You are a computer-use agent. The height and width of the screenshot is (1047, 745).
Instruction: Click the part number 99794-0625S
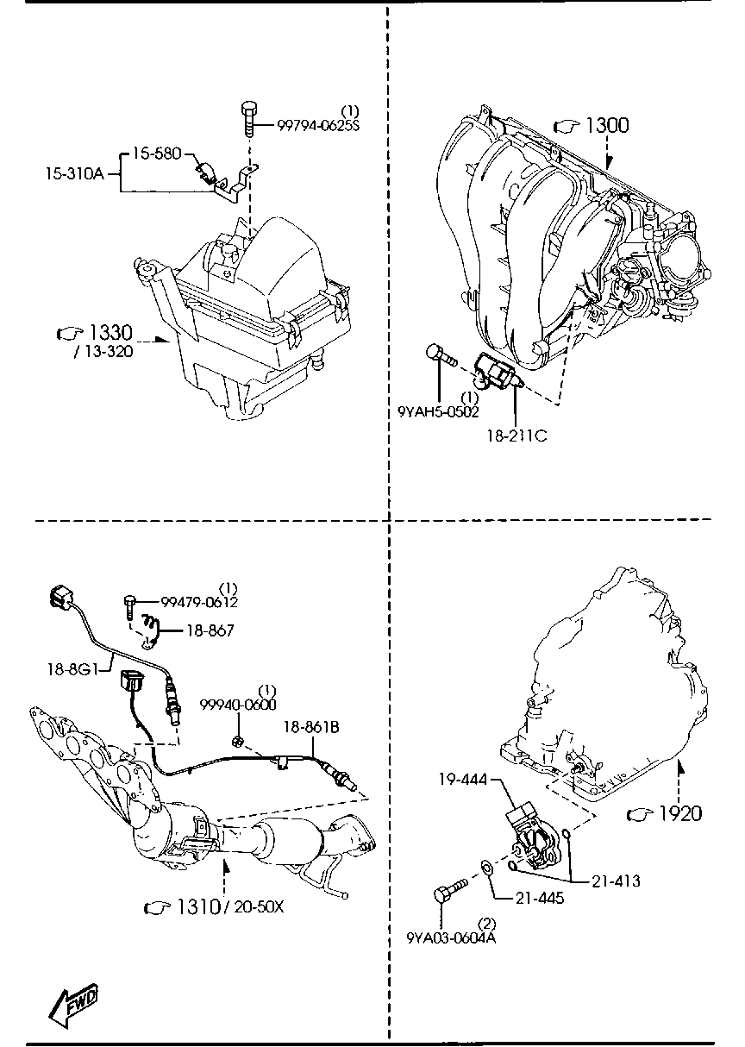point(317,126)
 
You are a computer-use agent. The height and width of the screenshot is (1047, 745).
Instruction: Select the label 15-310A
point(74,173)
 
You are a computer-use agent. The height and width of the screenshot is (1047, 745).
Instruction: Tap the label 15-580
point(156,154)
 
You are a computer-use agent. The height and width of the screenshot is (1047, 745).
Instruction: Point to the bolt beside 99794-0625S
point(247,118)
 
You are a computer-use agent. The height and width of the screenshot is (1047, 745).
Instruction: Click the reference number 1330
point(109,333)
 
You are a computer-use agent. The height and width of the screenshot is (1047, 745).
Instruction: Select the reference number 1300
point(607,126)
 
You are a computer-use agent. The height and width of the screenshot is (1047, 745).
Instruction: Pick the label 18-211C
point(516,436)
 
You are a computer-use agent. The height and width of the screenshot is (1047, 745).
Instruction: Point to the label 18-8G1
point(75,668)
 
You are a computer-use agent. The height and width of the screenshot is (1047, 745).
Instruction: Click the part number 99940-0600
point(237,705)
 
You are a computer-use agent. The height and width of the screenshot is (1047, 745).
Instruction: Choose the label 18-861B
point(311,727)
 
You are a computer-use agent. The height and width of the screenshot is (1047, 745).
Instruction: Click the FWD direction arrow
point(72,1004)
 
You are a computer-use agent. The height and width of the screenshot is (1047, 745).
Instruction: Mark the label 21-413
point(616,881)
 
